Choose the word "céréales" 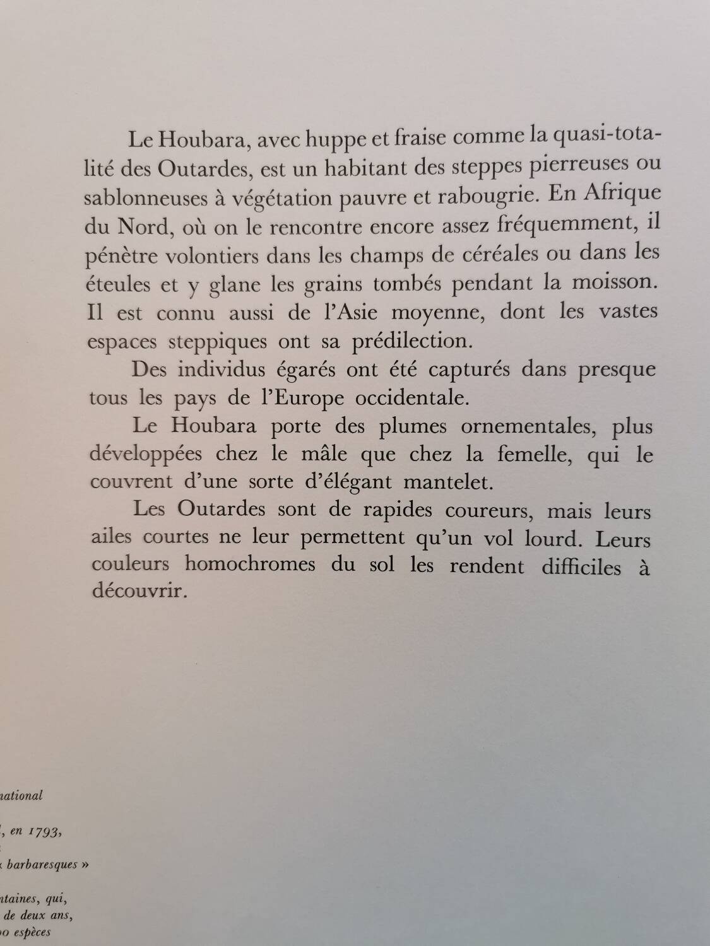pos(474,253)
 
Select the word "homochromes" pos(250,564)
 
